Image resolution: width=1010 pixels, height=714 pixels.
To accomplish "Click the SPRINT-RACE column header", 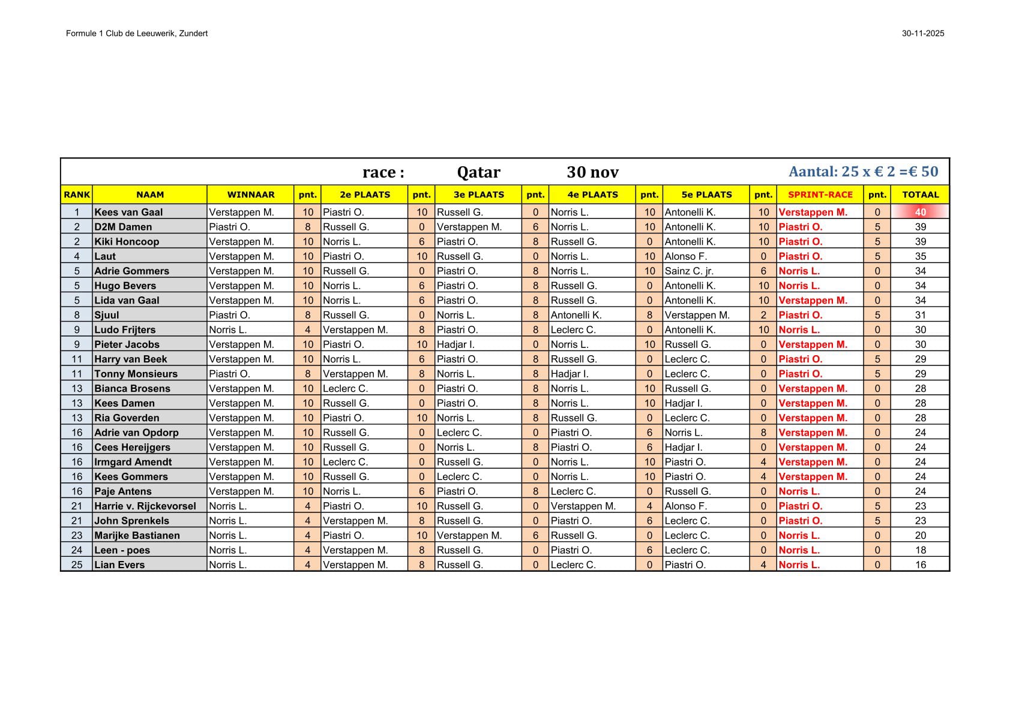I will [820, 194].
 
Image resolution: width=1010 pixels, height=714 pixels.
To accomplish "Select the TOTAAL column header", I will [920, 194].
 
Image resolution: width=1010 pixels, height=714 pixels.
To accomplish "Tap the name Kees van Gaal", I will [128, 212].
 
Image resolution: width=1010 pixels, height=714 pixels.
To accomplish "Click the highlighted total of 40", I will [920, 212].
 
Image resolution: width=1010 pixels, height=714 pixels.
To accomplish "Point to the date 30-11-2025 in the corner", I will [922, 34].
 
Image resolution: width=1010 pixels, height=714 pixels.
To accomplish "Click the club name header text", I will [137, 34].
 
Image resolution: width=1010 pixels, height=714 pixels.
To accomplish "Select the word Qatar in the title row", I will [478, 172].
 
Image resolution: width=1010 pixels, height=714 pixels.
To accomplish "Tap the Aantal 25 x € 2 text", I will [863, 172].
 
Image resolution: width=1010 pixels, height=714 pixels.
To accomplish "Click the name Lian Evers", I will [119, 565].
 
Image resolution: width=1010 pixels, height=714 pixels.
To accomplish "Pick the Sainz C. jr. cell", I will [689, 271].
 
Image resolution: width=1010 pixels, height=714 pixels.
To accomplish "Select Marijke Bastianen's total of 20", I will [920, 535].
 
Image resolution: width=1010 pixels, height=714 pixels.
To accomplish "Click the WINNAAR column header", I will [250, 194].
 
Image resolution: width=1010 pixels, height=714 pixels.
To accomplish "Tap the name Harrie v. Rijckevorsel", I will [145, 506].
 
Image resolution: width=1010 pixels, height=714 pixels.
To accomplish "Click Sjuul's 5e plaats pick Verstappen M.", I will [697, 315].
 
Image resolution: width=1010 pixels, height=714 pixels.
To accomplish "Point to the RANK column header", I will [77, 194].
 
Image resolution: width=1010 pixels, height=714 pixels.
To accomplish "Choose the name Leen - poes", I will [122, 550].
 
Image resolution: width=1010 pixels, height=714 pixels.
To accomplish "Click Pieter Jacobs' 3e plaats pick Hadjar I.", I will [455, 344].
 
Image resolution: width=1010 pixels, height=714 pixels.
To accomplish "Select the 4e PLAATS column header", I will [592, 194].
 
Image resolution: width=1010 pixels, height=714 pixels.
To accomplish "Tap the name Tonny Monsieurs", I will [136, 374].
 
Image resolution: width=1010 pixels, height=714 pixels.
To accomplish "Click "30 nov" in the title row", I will [592, 172].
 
